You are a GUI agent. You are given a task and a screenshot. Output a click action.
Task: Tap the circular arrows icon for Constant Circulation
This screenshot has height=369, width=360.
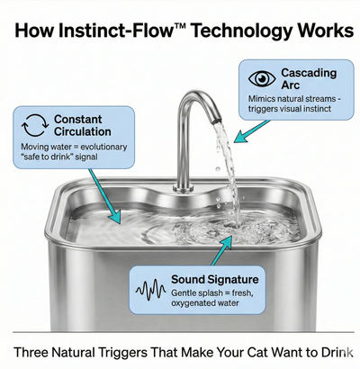point(32,126)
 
